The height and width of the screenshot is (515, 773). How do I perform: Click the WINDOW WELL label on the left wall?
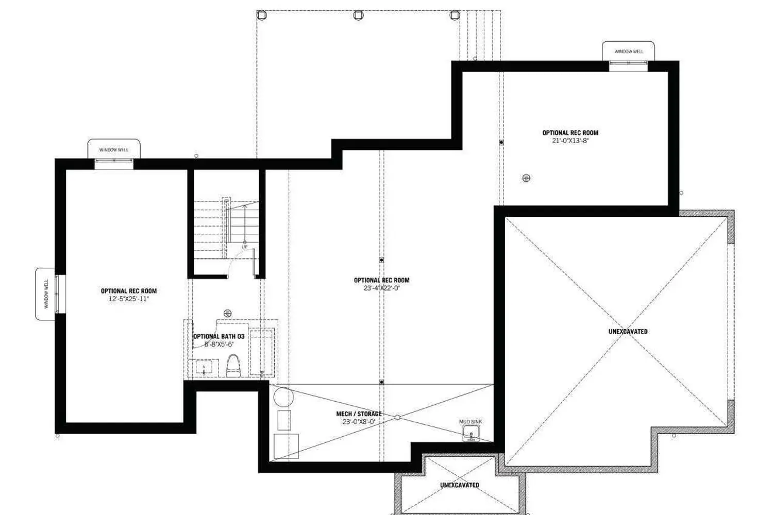[x=46, y=294]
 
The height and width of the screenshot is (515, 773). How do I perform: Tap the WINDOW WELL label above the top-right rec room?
[x=628, y=51]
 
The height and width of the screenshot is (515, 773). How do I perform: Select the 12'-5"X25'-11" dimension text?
[x=128, y=299]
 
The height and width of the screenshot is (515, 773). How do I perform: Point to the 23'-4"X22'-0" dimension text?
[x=381, y=288]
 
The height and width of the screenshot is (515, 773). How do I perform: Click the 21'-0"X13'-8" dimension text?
[x=570, y=141]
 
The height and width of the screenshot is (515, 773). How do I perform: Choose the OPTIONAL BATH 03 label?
[x=219, y=336]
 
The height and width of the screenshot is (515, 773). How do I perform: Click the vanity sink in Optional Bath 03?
[x=204, y=368]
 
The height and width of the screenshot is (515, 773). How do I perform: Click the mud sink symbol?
[x=471, y=434]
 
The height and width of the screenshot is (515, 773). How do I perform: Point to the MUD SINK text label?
[x=470, y=422]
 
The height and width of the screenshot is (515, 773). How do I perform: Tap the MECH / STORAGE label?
[x=359, y=414]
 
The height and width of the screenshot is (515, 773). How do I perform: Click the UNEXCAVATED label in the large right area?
[x=628, y=331]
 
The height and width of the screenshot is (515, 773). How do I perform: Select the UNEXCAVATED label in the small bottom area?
[x=459, y=485]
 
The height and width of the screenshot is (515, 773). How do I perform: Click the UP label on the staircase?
[x=245, y=247]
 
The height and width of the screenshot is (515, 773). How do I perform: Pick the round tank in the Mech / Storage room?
[x=283, y=397]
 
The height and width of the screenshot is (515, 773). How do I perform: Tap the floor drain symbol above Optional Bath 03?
[x=227, y=313]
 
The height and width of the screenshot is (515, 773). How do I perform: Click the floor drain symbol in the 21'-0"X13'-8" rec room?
[x=526, y=178]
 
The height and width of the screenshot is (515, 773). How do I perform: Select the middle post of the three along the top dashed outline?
[x=358, y=15]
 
